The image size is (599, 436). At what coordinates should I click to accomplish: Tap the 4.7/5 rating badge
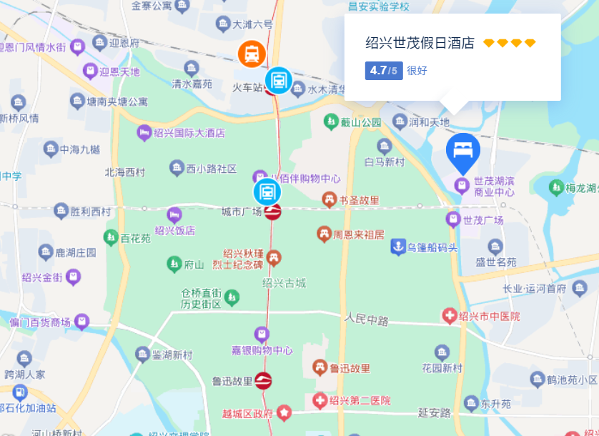tap(384, 71)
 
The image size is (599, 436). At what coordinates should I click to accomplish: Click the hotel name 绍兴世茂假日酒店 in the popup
tap(420, 43)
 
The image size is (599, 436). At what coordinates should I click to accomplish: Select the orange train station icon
tap(252, 53)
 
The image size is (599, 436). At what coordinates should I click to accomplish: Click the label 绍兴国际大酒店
tap(190, 133)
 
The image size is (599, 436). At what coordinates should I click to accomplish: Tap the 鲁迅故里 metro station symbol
tap(263, 381)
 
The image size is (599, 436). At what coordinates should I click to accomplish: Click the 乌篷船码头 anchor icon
tap(397, 247)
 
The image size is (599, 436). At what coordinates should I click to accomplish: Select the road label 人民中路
tap(366, 319)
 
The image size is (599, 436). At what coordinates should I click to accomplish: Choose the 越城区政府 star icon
tap(284, 412)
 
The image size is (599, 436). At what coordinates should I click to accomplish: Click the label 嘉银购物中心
tap(262, 350)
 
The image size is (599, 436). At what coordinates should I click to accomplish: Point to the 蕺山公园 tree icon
tap(330, 122)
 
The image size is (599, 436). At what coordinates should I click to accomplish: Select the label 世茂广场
tap(483, 220)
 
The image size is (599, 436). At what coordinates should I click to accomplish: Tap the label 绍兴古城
tap(284, 283)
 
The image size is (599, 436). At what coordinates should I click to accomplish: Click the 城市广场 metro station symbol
tap(272, 212)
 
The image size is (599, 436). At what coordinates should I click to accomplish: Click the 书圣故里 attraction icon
tap(330, 201)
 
